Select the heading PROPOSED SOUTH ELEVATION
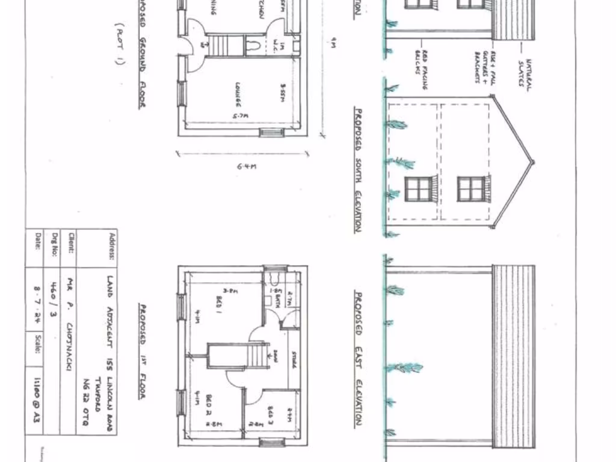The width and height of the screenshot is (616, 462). pyautogui.click(x=357, y=170)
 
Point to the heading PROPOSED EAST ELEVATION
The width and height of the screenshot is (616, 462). pyautogui.click(x=357, y=359)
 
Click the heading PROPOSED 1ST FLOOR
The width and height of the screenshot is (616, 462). pyautogui.click(x=142, y=352)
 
